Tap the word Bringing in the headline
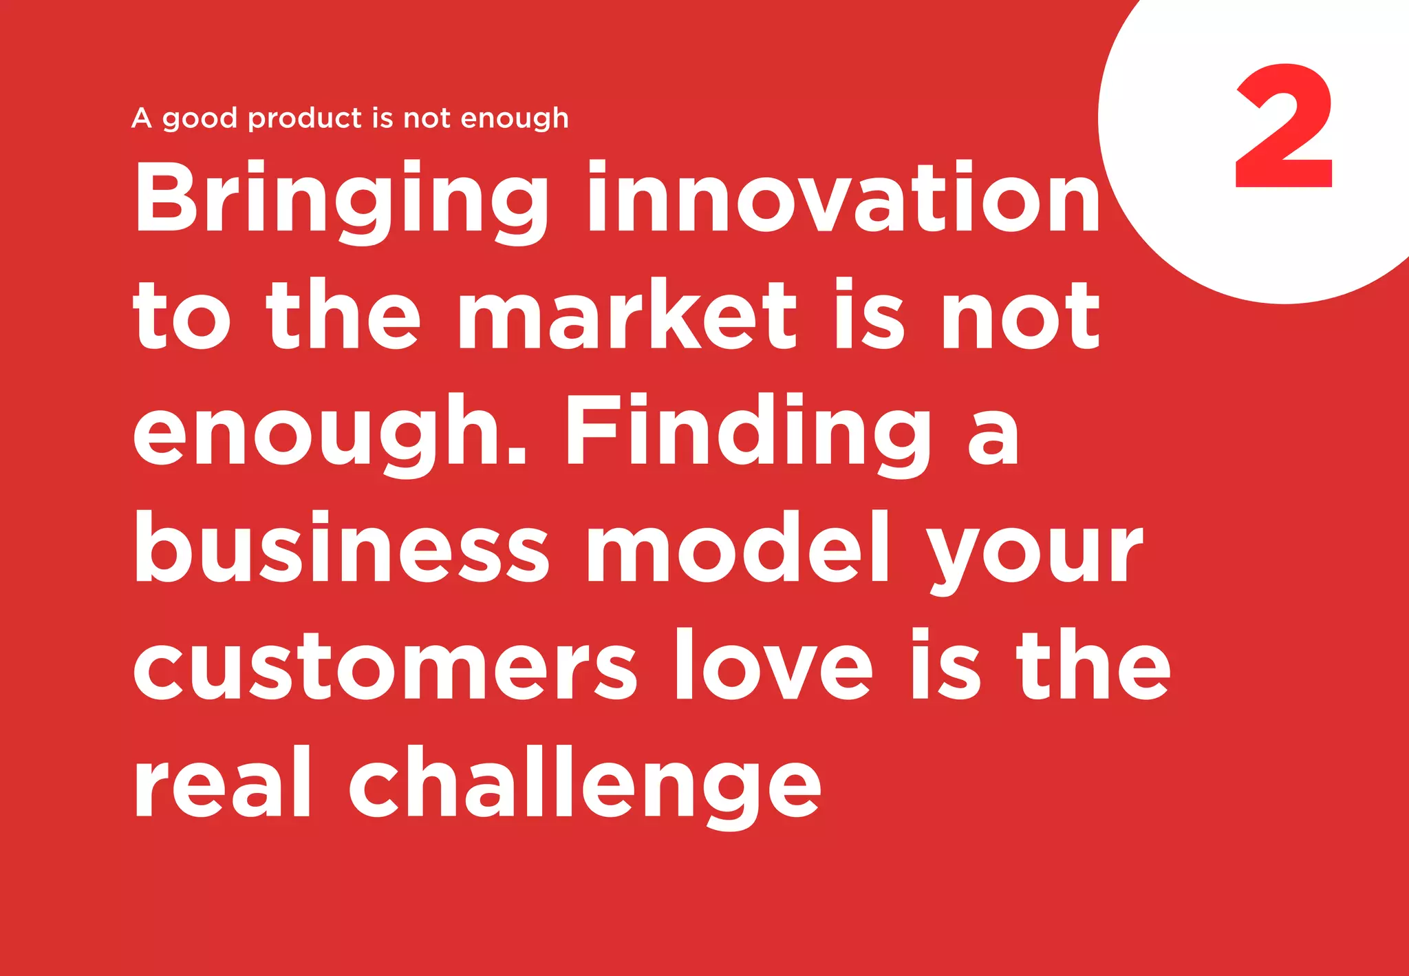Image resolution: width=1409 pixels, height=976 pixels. (x=341, y=200)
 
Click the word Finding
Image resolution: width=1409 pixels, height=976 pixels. (x=747, y=434)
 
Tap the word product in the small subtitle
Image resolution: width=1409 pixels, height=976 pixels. (x=305, y=118)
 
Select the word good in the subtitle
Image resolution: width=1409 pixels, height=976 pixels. (x=200, y=119)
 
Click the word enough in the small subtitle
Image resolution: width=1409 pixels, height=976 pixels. (x=515, y=119)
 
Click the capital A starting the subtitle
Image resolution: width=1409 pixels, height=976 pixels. (x=141, y=118)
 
